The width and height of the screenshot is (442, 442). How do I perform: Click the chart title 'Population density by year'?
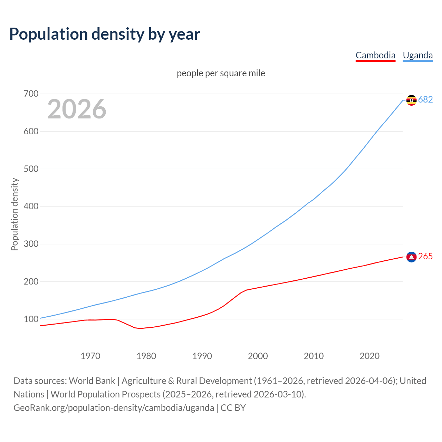pos(105,34)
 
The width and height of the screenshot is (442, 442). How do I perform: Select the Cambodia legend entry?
pos(375,55)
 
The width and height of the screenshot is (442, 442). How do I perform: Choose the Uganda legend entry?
pos(417,55)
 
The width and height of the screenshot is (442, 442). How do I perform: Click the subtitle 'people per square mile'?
pos(221,73)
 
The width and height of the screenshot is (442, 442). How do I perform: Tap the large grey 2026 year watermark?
pos(77,109)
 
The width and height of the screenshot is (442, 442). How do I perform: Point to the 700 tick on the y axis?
pos(31,94)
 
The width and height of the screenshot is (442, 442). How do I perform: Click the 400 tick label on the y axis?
pos(31,206)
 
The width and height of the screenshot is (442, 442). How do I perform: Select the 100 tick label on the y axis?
pos(31,319)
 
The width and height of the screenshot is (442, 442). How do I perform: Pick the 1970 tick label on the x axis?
pos(90,356)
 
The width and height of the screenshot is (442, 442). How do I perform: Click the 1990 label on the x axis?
pos(202,356)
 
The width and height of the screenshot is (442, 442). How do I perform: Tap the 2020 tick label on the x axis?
pos(369,356)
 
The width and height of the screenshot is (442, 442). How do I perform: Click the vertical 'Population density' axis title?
pos(15,214)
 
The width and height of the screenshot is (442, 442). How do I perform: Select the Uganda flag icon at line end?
pos(411,100)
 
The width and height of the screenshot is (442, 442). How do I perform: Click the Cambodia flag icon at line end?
pos(411,257)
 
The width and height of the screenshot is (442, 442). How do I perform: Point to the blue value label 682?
pos(425,100)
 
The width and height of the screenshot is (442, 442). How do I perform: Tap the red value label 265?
pos(425,257)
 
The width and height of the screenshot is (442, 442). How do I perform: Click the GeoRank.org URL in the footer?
pos(114,408)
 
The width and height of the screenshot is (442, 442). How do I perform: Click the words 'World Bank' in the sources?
pos(92,381)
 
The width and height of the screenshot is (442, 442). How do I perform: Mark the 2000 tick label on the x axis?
pos(258,356)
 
